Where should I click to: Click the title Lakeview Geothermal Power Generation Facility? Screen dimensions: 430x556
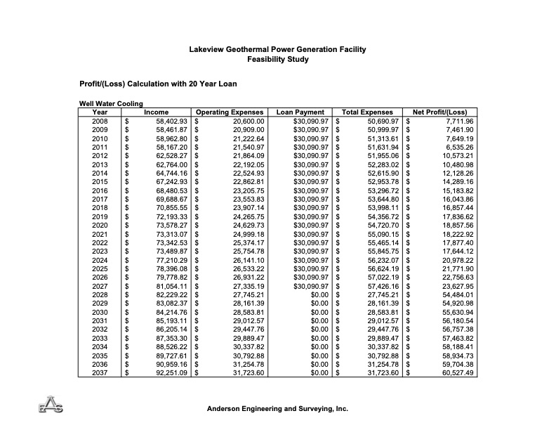pos(277,50)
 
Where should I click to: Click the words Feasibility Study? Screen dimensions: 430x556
pos(277,60)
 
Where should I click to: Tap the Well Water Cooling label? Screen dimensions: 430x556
pos(112,104)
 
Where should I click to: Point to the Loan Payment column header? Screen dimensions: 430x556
pos(300,112)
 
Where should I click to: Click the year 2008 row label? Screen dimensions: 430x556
pos(100,121)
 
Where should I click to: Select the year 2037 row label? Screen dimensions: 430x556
pos(100,372)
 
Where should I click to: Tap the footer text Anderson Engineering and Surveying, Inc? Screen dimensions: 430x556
pos(277,408)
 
